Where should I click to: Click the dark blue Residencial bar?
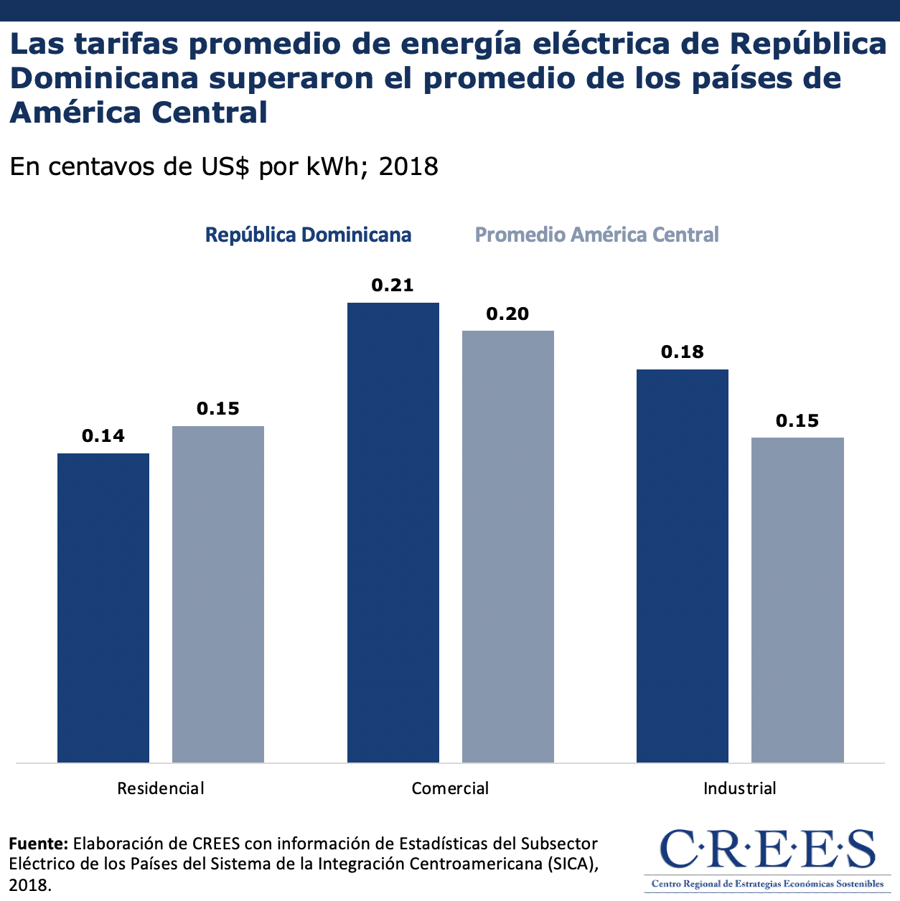(103, 608)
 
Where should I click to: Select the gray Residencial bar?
(218, 594)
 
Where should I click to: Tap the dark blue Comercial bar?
(393, 532)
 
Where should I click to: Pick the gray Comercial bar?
(508, 546)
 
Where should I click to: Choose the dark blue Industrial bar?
(683, 565)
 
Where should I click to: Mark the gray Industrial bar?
(797, 600)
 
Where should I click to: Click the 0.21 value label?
(393, 286)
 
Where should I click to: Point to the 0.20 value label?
(507, 313)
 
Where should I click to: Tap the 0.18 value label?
(683, 352)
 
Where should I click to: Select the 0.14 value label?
(103, 436)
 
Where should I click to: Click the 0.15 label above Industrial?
(797, 421)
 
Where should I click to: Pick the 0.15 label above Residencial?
(218, 409)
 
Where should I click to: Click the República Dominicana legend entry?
(309, 235)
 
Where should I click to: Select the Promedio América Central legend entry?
(597, 235)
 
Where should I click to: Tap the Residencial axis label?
(161, 788)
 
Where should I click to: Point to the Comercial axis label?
(450, 788)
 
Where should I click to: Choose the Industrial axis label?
(740, 788)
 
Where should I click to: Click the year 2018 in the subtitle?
(408, 166)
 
